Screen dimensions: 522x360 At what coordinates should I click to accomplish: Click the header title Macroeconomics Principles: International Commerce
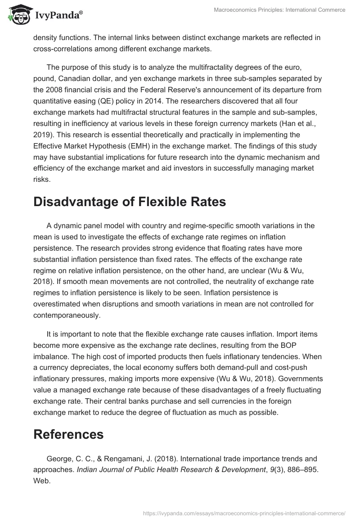coord(279,10)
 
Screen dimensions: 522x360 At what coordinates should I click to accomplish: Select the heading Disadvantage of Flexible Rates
coord(129,202)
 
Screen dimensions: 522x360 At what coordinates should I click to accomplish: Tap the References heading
coord(68,434)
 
